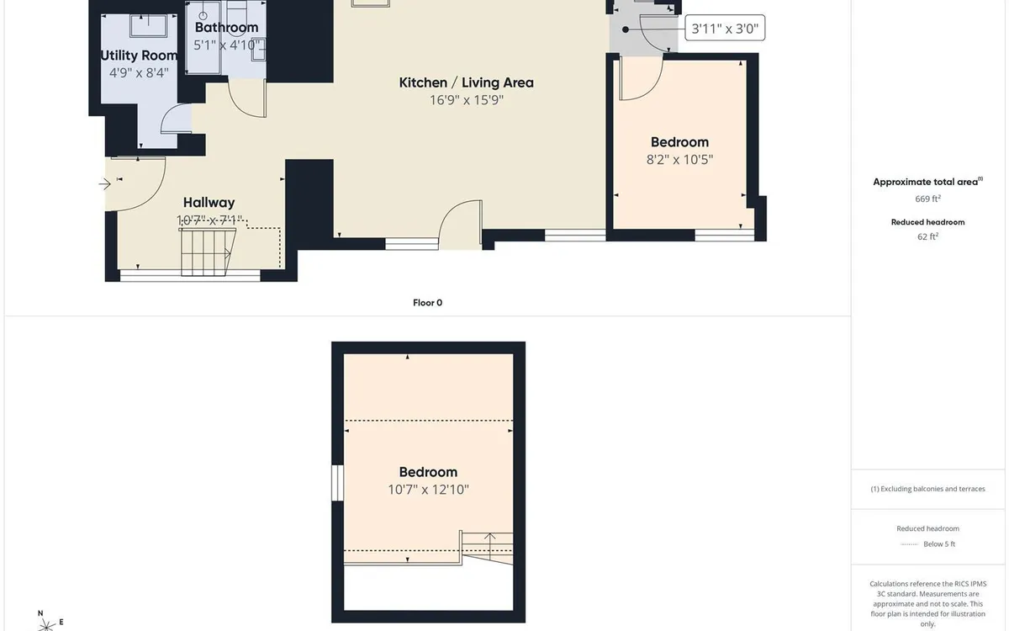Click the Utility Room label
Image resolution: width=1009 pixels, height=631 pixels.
pyautogui.click(x=139, y=56)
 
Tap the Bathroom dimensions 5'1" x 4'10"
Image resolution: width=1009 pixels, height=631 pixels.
pyautogui.click(x=226, y=45)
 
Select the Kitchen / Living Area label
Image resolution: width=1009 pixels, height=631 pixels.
pyautogui.click(x=466, y=82)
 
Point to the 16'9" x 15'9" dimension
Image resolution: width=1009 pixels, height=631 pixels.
pyautogui.click(x=466, y=99)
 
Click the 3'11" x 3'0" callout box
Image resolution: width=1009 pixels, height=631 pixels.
pyautogui.click(x=725, y=28)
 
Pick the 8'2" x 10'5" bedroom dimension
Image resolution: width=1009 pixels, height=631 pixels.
pyautogui.click(x=679, y=160)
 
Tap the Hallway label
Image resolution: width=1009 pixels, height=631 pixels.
pyautogui.click(x=209, y=203)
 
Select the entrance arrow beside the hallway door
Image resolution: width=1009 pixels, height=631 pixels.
pyautogui.click(x=105, y=184)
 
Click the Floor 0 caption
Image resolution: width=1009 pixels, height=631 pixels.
pyautogui.click(x=427, y=303)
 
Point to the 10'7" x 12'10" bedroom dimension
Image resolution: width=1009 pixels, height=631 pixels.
pyautogui.click(x=428, y=490)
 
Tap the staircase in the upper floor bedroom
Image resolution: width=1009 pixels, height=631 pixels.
pyautogui.click(x=487, y=548)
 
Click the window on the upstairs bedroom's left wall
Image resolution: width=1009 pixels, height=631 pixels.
pyautogui.click(x=337, y=483)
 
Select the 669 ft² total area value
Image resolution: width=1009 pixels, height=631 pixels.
pyautogui.click(x=927, y=199)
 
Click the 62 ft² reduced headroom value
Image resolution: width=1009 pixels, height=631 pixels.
pyautogui.click(x=927, y=236)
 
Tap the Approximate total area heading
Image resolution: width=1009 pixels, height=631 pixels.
pyautogui.click(x=928, y=182)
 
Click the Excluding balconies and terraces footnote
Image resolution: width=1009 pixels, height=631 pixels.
pyautogui.click(x=927, y=489)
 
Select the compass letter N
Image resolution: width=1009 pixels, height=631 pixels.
pyautogui.click(x=40, y=613)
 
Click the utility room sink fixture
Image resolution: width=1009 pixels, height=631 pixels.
pyautogui.click(x=148, y=26)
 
